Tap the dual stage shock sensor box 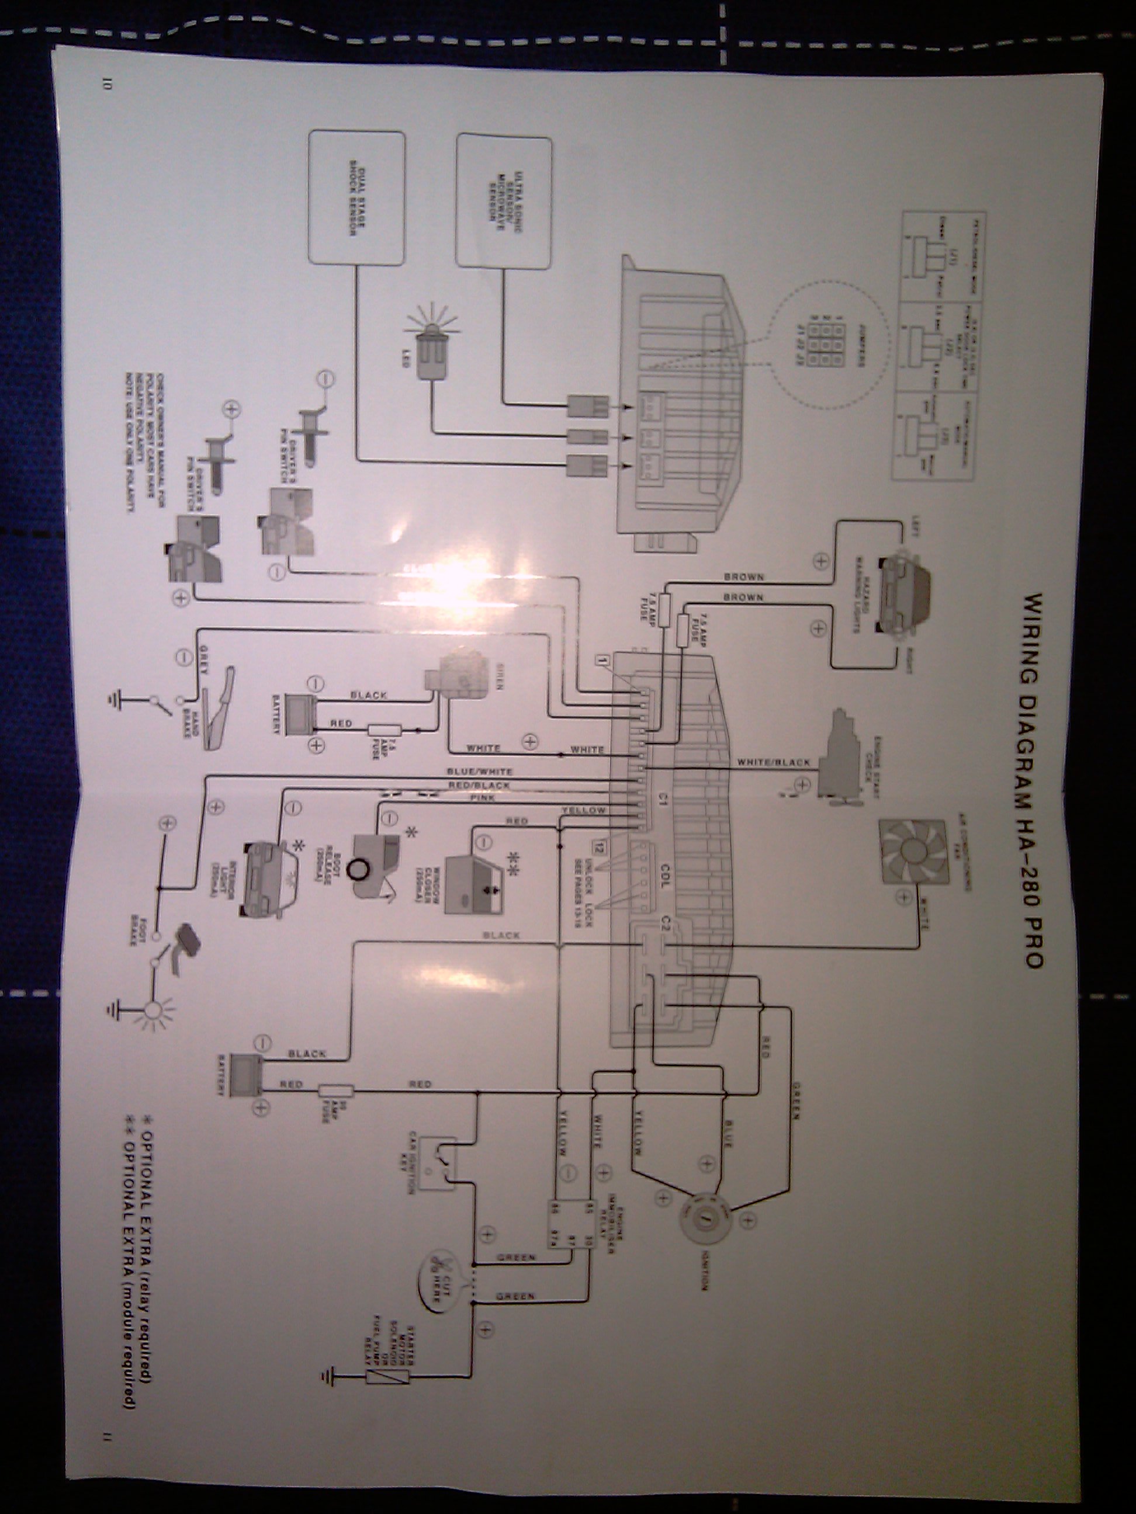coord(356,198)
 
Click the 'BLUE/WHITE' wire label coord(479,772)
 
